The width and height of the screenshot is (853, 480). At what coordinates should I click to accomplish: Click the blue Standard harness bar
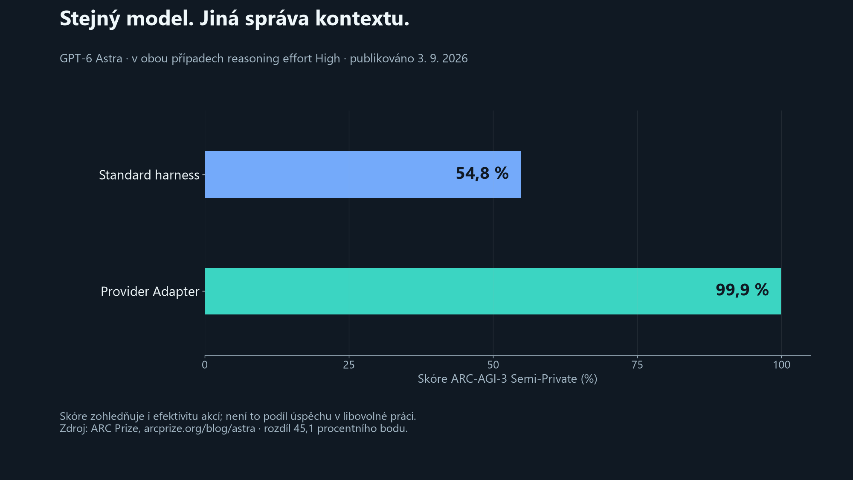tap(363, 175)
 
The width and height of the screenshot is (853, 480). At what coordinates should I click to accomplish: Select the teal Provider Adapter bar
tap(493, 291)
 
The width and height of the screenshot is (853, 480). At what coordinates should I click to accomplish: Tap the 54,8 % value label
tap(482, 174)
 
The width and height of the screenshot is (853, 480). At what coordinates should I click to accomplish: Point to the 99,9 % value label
tap(742, 290)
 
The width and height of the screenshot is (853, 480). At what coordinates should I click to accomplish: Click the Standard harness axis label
tap(149, 175)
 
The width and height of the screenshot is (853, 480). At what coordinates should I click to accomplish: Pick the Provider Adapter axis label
tap(150, 291)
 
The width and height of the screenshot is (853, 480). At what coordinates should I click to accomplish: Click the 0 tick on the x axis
tap(205, 365)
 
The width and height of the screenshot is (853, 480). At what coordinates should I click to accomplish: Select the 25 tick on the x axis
tap(349, 365)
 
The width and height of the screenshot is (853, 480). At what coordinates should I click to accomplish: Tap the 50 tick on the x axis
tap(493, 365)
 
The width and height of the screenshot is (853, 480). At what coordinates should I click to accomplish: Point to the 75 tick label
tap(637, 365)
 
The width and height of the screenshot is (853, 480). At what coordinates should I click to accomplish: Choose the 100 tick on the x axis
tap(781, 365)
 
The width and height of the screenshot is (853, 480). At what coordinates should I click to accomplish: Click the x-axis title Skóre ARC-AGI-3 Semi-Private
tap(497, 379)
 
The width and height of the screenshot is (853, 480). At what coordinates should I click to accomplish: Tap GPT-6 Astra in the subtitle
tap(91, 58)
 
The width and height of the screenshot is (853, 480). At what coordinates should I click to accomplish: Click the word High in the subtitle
tap(328, 59)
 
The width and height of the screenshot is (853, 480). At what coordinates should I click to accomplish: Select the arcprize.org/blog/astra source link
tap(200, 428)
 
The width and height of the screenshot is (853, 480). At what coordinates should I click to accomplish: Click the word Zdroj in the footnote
tap(73, 428)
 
